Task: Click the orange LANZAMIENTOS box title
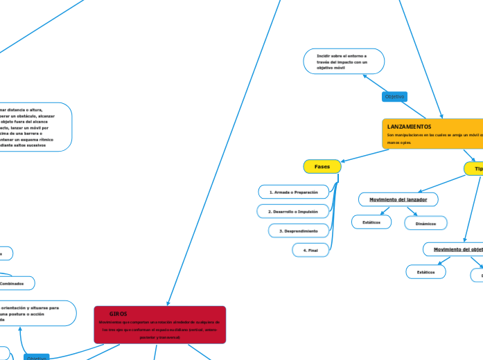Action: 409,127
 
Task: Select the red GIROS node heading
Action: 118,314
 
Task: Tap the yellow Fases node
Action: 322,167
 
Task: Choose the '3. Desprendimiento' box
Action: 298,230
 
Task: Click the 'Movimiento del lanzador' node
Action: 398,199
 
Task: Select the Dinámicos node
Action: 425,223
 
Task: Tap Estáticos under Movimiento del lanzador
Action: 371,222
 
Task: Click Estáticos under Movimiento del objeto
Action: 425,272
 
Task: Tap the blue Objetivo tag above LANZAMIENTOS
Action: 394,97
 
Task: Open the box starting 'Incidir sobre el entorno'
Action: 344,61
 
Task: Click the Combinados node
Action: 12,283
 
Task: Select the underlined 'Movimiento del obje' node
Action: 457,249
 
